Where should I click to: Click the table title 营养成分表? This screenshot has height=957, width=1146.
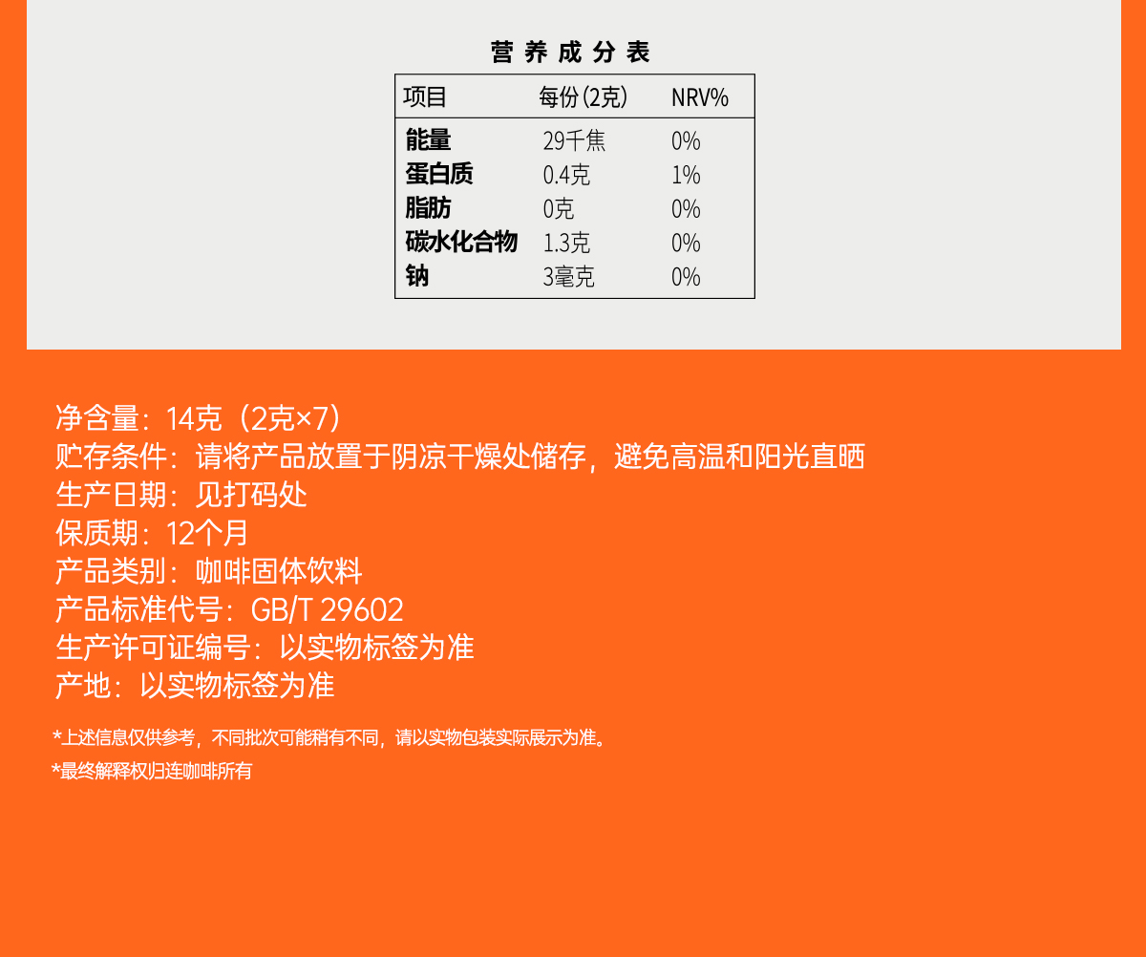coord(570,53)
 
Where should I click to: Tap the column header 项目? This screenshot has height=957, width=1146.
coord(425,97)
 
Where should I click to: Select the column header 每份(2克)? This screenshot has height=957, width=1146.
coord(583,97)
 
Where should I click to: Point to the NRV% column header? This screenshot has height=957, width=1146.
coord(700,97)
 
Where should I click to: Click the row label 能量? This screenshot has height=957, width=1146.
coord(428,140)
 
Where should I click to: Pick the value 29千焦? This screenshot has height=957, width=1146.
coord(574,141)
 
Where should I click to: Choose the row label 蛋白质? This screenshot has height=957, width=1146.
coord(439,174)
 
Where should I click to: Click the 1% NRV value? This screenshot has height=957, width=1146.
coord(686,175)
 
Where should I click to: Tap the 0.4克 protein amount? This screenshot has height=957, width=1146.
coord(566,175)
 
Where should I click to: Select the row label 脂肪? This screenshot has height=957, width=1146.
coord(428,208)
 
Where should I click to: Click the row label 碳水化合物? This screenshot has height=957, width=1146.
coord(461,242)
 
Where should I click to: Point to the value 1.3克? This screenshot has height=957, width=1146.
coord(566,243)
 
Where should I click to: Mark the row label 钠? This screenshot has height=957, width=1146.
coord(417,276)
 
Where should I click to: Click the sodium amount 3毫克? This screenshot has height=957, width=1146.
coord(568,277)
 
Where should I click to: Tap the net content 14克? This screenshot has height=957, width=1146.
coord(194,418)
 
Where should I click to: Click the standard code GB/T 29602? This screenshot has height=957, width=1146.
coord(328,610)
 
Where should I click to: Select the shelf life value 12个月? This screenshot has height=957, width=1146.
coord(207,533)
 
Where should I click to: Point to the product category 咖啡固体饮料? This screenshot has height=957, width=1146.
coord(279,571)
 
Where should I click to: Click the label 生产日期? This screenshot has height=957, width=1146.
coord(111,495)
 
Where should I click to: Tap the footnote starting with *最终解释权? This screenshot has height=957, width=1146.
coord(152,771)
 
